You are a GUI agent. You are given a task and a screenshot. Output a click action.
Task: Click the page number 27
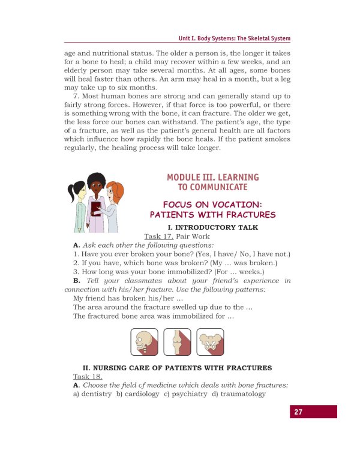coord(298,412)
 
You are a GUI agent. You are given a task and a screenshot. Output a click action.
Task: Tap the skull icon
coord(145,342)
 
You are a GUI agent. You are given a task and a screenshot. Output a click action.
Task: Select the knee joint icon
coord(177,342)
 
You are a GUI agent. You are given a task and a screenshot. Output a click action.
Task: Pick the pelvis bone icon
coord(210,342)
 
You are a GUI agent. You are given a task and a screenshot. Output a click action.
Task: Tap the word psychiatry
coord(189,394)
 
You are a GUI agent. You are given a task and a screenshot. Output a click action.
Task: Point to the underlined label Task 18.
coord(88,377)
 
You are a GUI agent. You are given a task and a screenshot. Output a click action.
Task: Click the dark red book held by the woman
coord(96,209)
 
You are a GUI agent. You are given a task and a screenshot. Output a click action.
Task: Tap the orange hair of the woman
coord(116,191)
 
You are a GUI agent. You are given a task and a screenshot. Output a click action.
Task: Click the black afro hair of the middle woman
coord(97,180)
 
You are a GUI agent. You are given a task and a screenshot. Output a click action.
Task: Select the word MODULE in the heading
coord(184,178)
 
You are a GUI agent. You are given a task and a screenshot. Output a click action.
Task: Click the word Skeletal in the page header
coord(259,38)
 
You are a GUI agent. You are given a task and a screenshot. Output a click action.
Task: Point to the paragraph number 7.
coord(76,96)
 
